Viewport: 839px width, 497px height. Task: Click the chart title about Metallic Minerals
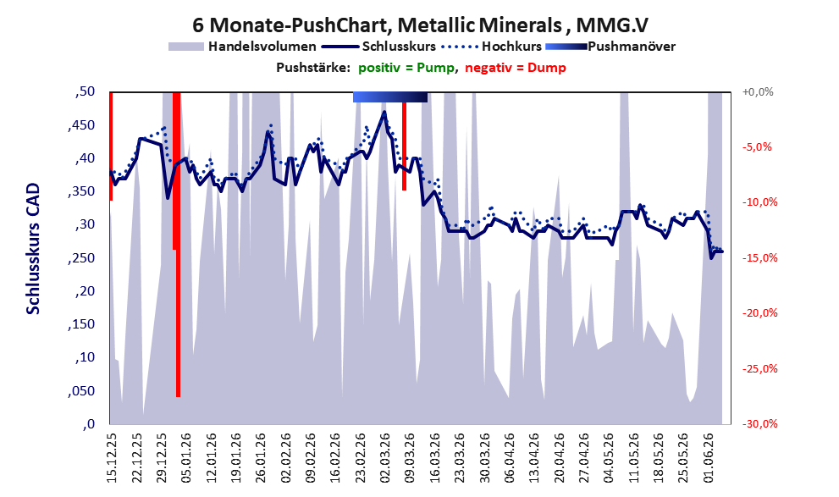click(420, 25)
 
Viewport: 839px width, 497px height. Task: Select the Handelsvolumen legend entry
click(242, 47)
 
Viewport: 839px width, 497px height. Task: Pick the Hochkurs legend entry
click(492, 47)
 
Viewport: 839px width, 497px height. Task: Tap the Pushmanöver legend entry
click(610, 47)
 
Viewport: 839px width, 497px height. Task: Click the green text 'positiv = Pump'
click(406, 68)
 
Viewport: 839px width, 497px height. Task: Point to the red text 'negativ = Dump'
click(516, 68)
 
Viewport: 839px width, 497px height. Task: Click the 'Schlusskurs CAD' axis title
click(33, 249)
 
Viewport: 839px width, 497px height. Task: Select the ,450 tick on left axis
click(81, 125)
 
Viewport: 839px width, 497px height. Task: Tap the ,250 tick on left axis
click(81, 258)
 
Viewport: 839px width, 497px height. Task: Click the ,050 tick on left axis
click(81, 390)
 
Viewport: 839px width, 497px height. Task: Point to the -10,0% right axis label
click(759, 202)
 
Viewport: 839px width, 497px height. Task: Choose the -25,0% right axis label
click(759, 368)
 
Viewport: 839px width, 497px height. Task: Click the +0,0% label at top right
click(758, 92)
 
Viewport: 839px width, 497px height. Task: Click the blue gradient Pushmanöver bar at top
click(390, 97)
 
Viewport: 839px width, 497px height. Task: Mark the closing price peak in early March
click(384, 112)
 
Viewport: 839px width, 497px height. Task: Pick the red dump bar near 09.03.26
click(404, 146)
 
